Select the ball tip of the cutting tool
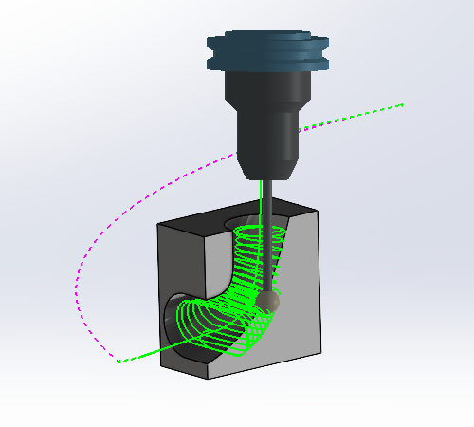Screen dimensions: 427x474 click(x=267, y=301)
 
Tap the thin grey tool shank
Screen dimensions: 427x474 click(x=269, y=228)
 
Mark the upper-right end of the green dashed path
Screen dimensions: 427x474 click(x=403, y=103)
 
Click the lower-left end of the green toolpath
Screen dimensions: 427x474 click(x=118, y=361)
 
